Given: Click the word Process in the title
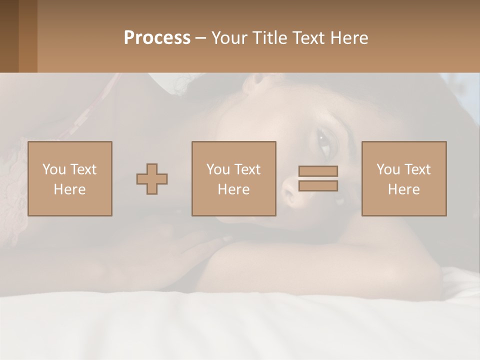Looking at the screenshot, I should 157,37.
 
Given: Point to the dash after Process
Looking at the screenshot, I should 200,38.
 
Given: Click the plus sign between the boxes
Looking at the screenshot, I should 152,179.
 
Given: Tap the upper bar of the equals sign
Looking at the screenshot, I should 318,171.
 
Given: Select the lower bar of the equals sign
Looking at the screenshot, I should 318,186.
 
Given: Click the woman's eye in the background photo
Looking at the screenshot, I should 325,141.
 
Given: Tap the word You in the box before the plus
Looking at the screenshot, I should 54,169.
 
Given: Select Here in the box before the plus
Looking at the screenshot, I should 70,189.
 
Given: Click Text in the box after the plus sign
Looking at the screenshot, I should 247,169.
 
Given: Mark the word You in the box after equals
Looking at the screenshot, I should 388,169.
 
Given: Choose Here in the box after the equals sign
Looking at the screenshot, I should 404,189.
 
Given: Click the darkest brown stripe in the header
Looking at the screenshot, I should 9,36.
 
